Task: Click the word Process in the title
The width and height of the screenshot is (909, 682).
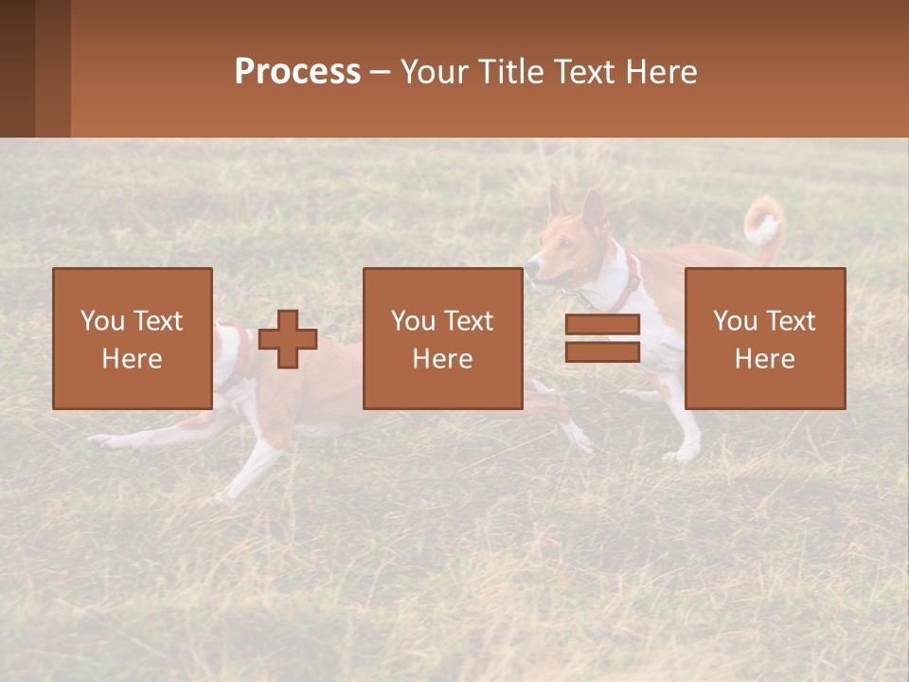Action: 297,72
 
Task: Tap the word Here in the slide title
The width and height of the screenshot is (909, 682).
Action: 661,72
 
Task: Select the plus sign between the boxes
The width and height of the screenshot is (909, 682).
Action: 288,339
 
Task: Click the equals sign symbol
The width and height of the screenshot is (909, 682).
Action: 602,338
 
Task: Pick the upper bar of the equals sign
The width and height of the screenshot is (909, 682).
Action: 602,325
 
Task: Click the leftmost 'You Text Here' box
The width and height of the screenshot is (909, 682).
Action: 132,338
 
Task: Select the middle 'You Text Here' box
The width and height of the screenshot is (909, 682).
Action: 442,338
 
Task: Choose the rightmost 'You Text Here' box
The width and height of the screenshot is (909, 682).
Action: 764,338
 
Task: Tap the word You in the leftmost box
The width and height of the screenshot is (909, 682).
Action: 100,321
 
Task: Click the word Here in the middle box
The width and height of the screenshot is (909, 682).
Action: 442,359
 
